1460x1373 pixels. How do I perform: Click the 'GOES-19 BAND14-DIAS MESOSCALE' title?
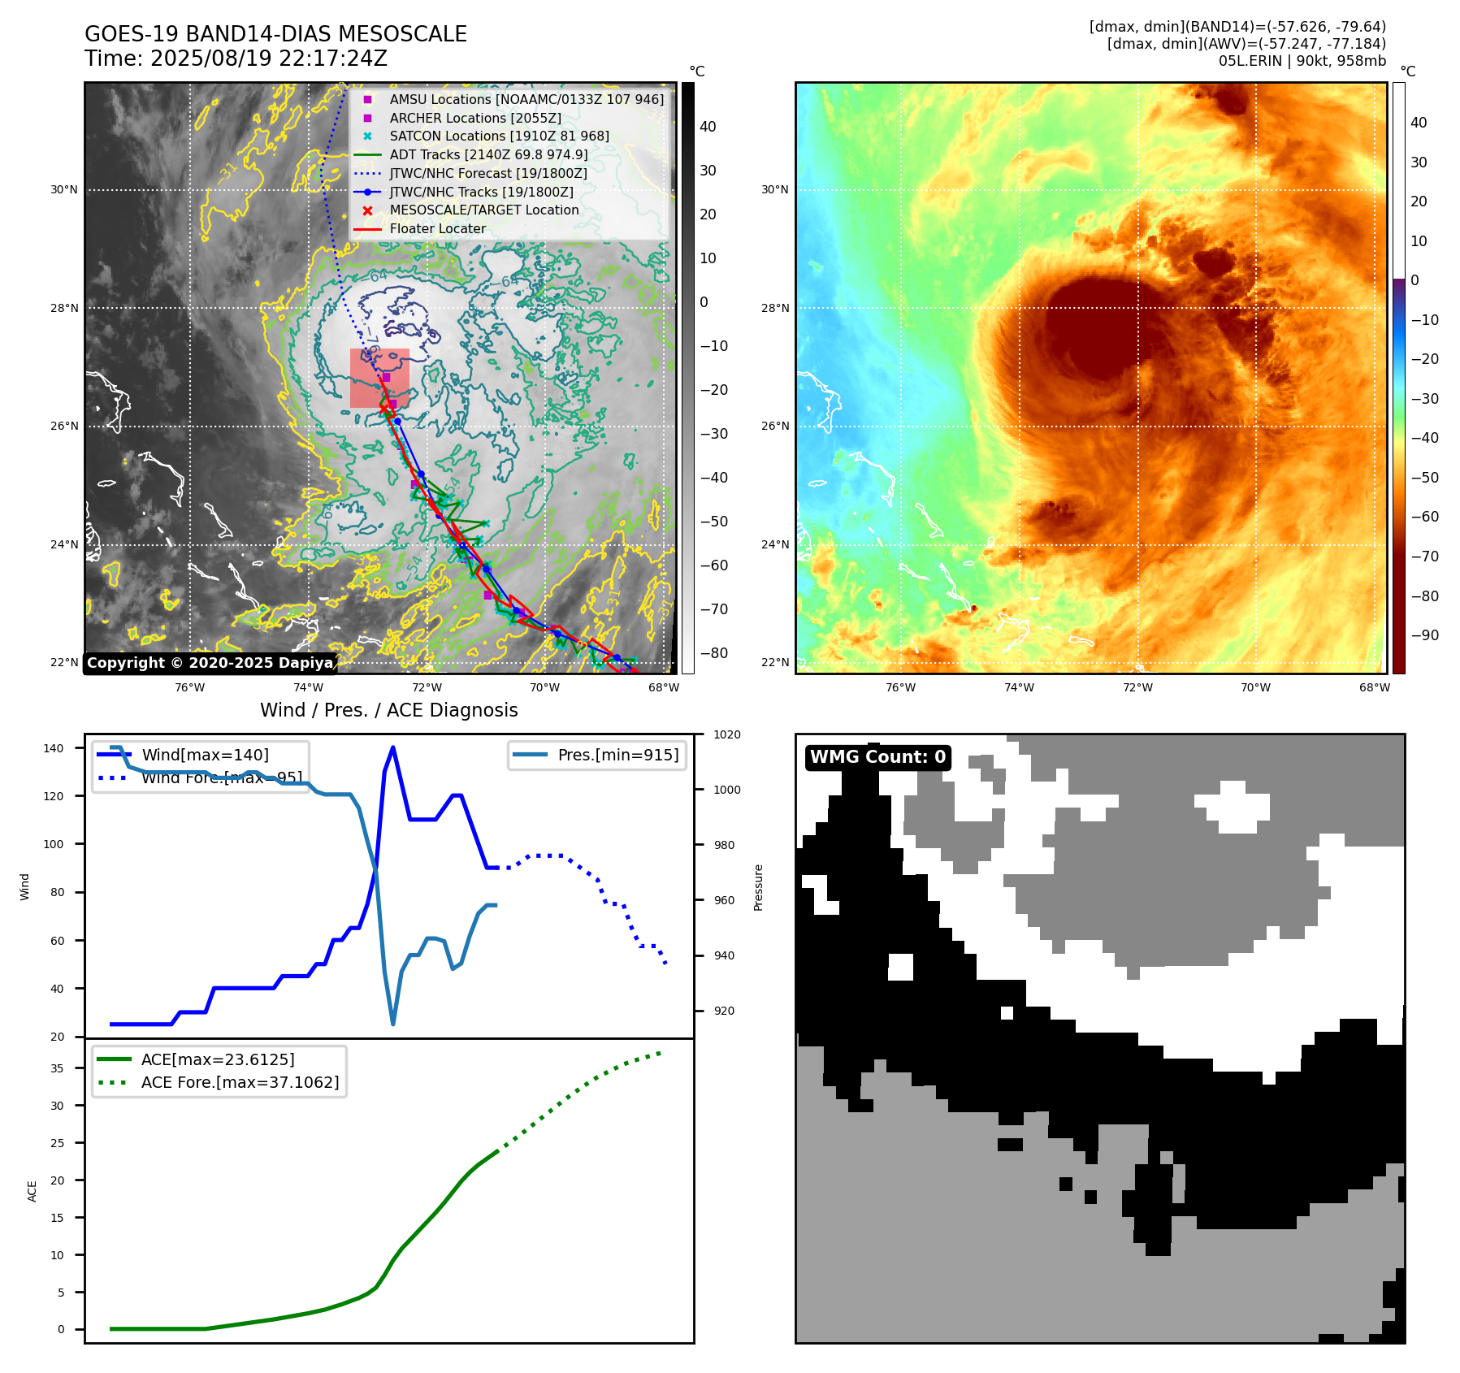coord(275,34)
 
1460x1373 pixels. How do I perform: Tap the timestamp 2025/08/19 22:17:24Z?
coord(236,58)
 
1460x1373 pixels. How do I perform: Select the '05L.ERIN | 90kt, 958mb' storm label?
coord(1302,61)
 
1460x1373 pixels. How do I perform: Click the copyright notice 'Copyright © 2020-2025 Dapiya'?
coord(210,663)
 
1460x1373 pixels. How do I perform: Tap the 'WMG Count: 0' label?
coord(877,757)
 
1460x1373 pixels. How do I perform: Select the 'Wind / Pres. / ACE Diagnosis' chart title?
coord(388,710)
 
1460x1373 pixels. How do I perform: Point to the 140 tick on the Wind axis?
coord(53,748)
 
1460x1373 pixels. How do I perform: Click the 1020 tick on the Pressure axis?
coord(727,734)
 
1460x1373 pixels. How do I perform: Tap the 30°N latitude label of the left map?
coord(64,190)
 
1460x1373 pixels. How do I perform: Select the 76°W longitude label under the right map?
coord(900,687)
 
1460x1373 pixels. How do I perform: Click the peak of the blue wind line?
coord(393,747)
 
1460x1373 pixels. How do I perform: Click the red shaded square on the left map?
coord(379,378)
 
